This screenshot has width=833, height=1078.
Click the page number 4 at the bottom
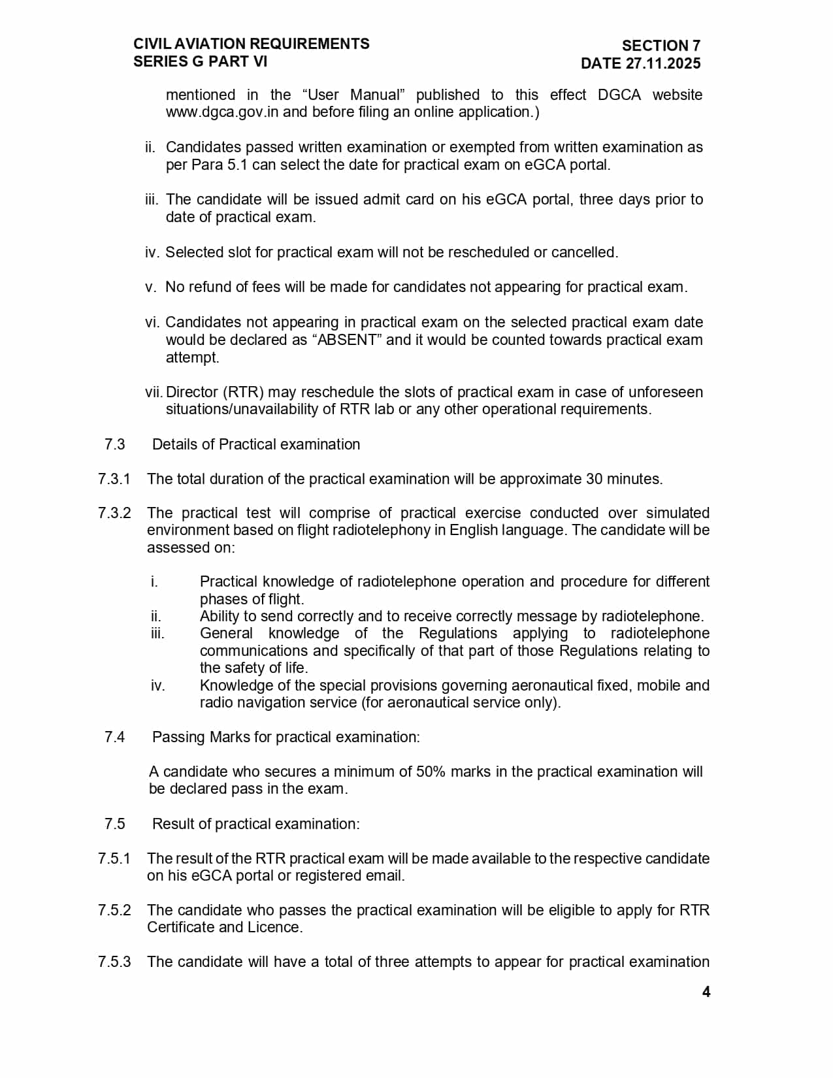pyautogui.click(x=706, y=992)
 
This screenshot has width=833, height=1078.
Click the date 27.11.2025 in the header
pyautogui.click(x=662, y=63)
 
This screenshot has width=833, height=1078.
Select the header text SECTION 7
pyautogui.click(x=661, y=46)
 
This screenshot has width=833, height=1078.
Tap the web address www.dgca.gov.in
pyautogui.click(x=222, y=112)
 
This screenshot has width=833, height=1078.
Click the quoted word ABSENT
pyautogui.click(x=347, y=340)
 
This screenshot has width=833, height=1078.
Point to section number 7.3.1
pyautogui.click(x=114, y=479)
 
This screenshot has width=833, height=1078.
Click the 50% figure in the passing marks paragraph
pyautogui.click(x=431, y=772)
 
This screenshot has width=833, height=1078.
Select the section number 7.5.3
pyautogui.click(x=114, y=962)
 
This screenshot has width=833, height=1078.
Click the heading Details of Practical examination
pyautogui.click(x=255, y=444)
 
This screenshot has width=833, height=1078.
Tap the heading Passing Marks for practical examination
pyautogui.click(x=286, y=737)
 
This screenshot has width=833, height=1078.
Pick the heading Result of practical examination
pyautogui.click(x=255, y=824)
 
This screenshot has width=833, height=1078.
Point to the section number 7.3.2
pyautogui.click(x=114, y=513)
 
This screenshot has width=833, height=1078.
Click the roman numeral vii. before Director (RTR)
pyautogui.click(x=154, y=392)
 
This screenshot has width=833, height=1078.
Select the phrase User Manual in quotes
pyautogui.click(x=353, y=95)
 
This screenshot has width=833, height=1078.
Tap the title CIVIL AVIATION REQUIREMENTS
pyautogui.click(x=252, y=44)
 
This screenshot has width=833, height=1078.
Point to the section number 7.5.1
pyautogui.click(x=114, y=858)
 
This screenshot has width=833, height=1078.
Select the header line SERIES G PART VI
pyautogui.click(x=201, y=61)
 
